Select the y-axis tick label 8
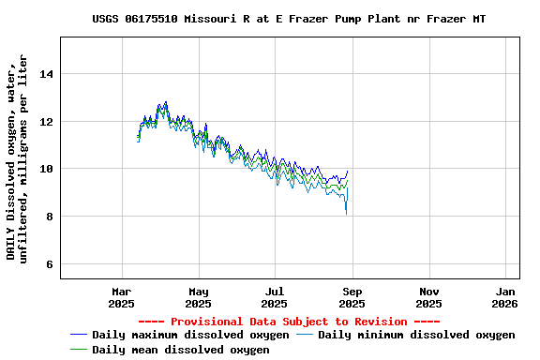click(x=51, y=217)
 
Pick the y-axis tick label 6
click(x=51, y=265)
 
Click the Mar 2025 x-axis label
click(x=121, y=297)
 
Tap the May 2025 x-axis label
click(x=198, y=297)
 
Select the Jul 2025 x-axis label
click(x=275, y=297)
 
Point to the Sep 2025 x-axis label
click(x=352, y=297)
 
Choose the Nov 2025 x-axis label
click(x=428, y=297)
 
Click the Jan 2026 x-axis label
click(x=505, y=297)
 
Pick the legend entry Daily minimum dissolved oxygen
click(x=416, y=335)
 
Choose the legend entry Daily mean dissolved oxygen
click(x=181, y=350)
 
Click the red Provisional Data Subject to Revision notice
click(x=291, y=322)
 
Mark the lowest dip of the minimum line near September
click(x=346, y=214)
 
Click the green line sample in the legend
click(x=79, y=350)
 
